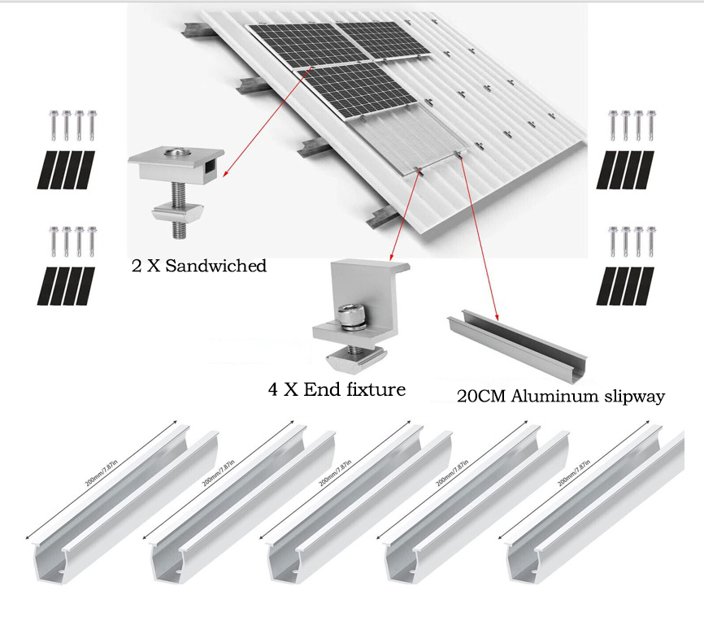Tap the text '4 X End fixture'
[x=337, y=389]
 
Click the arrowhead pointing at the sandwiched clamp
[x=224, y=174]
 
